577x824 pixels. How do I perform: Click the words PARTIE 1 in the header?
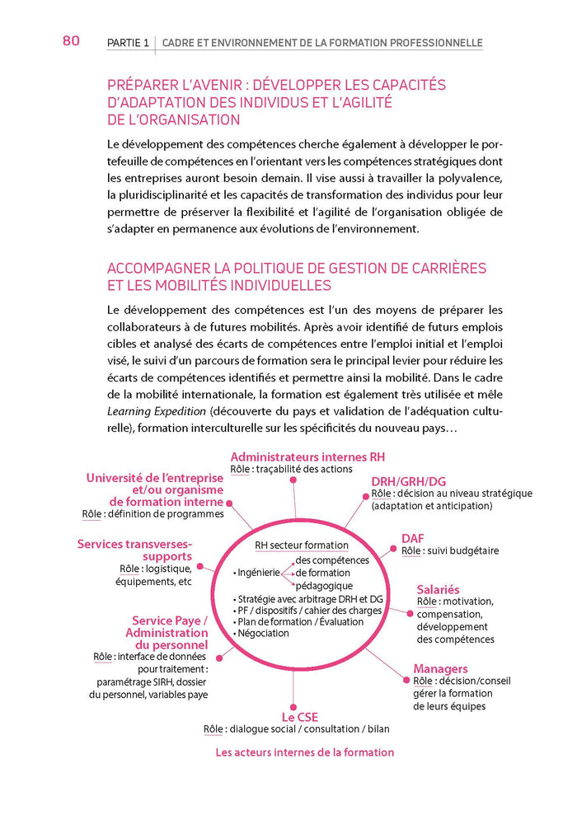pyautogui.click(x=128, y=43)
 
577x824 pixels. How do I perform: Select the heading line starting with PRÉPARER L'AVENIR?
pyautogui.click(x=276, y=85)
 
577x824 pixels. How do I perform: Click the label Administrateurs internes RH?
pyautogui.click(x=307, y=456)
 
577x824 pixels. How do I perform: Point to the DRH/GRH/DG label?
pyautogui.click(x=408, y=480)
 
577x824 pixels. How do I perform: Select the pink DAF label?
pyautogui.click(x=412, y=538)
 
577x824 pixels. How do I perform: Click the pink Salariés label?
pyautogui.click(x=438, y=589)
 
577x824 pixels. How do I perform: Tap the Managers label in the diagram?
pyautogui.click(x=440, y=668)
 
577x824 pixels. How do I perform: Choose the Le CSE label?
pyautogui.click(x=299, y=716)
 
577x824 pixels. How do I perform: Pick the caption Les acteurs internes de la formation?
pyautogui.click(x=304, y=751)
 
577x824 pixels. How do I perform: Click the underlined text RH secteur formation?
pyautogui.click(x=301, y=545)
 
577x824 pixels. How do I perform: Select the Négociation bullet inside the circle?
pyautogui.click(x=264, y=633)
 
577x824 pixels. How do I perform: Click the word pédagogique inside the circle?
pyautogui.click(x=324, y=585)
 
